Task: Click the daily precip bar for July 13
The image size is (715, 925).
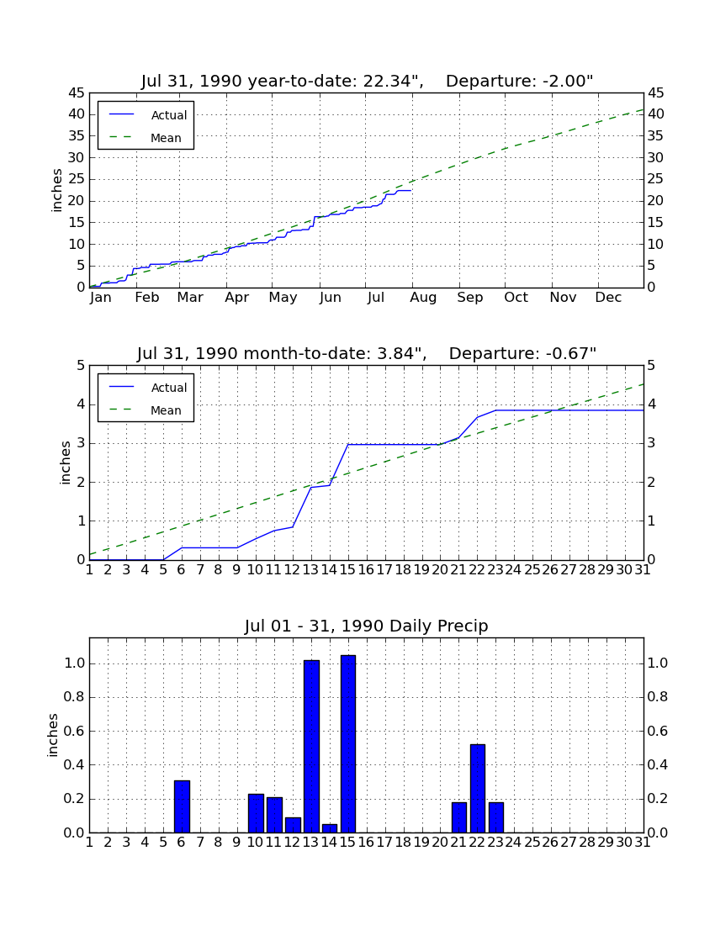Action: pos(311,746)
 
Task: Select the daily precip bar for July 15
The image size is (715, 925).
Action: pos(348,744)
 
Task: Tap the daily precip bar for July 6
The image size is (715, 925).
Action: pos(182,806)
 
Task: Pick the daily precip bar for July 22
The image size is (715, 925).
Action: pos(477,789)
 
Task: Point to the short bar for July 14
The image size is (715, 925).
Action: pos(330,828)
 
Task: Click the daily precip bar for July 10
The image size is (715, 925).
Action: pos(256,813)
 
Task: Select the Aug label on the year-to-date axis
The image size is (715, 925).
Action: pos(423,298)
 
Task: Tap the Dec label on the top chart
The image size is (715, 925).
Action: pos(608,298)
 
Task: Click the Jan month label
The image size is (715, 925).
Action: pos(101,298)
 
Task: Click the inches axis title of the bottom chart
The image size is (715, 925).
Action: pos(53,735)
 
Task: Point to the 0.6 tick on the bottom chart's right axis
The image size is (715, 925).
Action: pos(657,731)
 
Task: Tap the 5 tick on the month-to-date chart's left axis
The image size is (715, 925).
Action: pos(82,366)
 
